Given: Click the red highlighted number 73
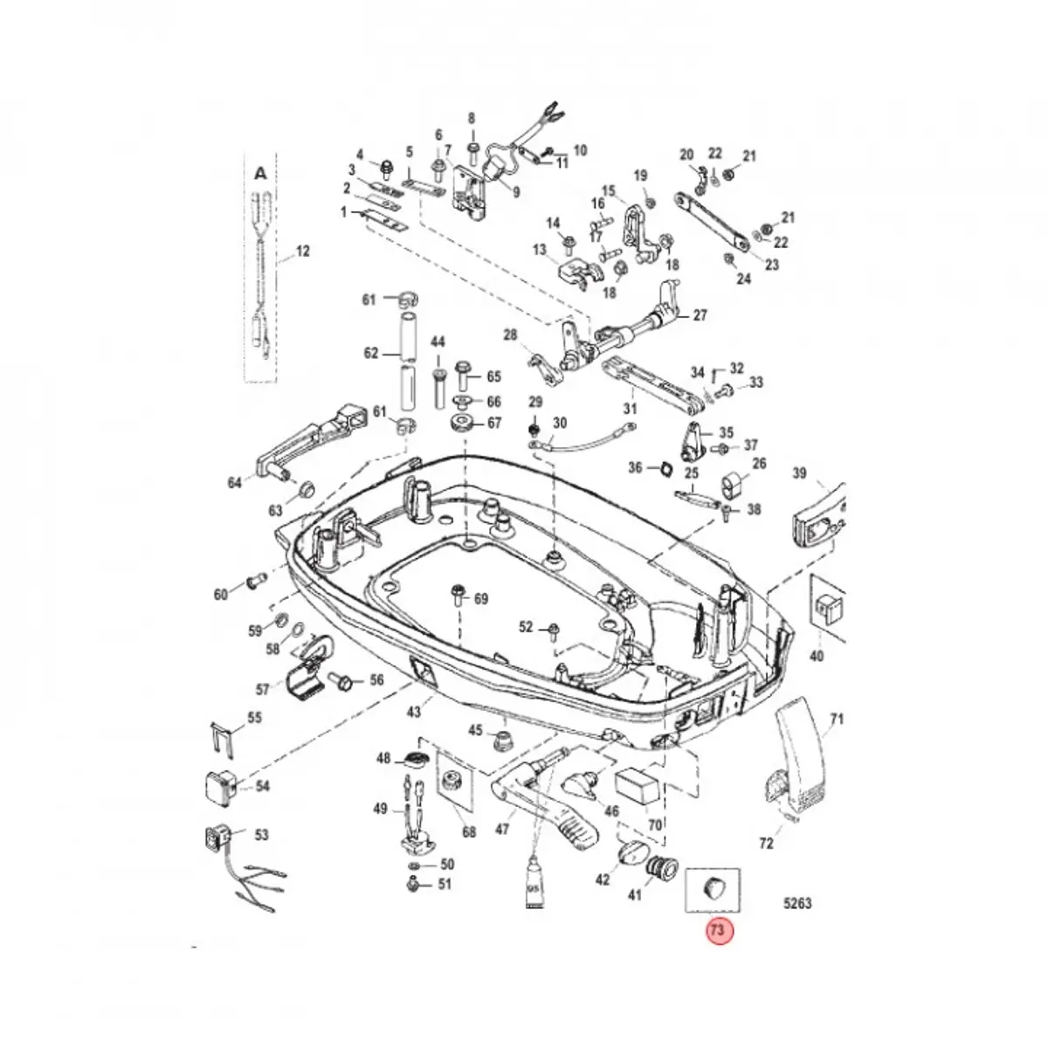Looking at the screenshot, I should [717, 931].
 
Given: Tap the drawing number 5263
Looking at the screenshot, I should [794, 903].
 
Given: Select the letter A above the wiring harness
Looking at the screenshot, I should [259, 175].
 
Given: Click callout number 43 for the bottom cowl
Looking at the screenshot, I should [413, 712].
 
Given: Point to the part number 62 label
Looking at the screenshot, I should [371, 353].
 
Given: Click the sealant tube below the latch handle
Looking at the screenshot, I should [534, 881].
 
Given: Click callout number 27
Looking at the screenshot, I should [700, 315].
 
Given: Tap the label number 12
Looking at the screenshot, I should [302, 252].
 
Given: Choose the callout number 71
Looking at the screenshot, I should [838, 720].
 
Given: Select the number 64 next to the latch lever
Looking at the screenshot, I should [234, 482].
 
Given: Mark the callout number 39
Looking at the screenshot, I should [799, 474].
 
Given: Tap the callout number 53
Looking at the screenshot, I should [261, 834].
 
